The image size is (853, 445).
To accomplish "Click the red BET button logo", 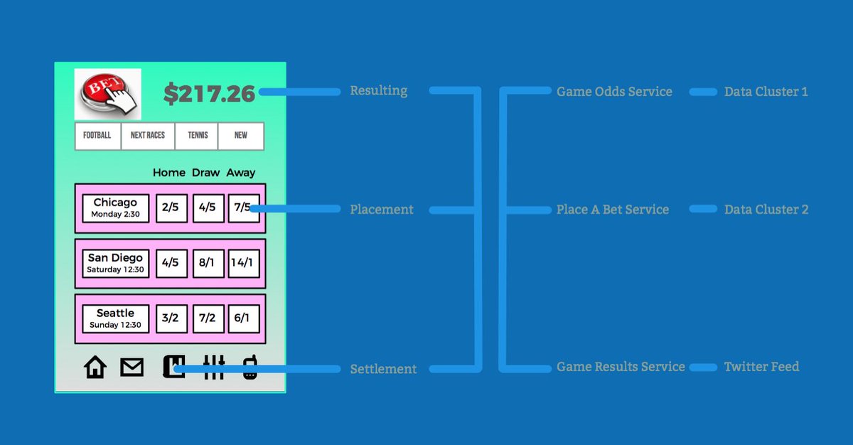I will (107, 94).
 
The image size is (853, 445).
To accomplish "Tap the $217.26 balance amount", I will (209, 94).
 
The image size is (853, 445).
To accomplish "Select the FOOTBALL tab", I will (97, 136).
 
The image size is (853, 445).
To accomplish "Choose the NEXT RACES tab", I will (148, 136).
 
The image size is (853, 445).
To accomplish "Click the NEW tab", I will (241, 136).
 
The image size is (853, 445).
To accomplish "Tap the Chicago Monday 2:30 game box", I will (115, 208).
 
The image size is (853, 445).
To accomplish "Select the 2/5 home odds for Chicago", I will (171, 208).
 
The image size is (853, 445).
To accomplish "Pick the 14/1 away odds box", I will (243, 263).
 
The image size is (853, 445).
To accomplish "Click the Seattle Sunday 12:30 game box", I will (115, 318).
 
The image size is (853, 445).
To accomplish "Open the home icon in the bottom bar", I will (95, 367).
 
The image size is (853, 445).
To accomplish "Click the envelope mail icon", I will (132, 367).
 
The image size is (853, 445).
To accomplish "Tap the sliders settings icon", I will (213, 367).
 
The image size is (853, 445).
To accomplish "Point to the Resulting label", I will (378, 91).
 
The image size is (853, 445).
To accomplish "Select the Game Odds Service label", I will (614, 92).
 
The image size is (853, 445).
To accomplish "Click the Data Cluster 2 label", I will (766, 210).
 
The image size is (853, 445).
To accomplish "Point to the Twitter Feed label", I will (761, 367).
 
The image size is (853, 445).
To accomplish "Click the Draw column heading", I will (206, 173).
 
